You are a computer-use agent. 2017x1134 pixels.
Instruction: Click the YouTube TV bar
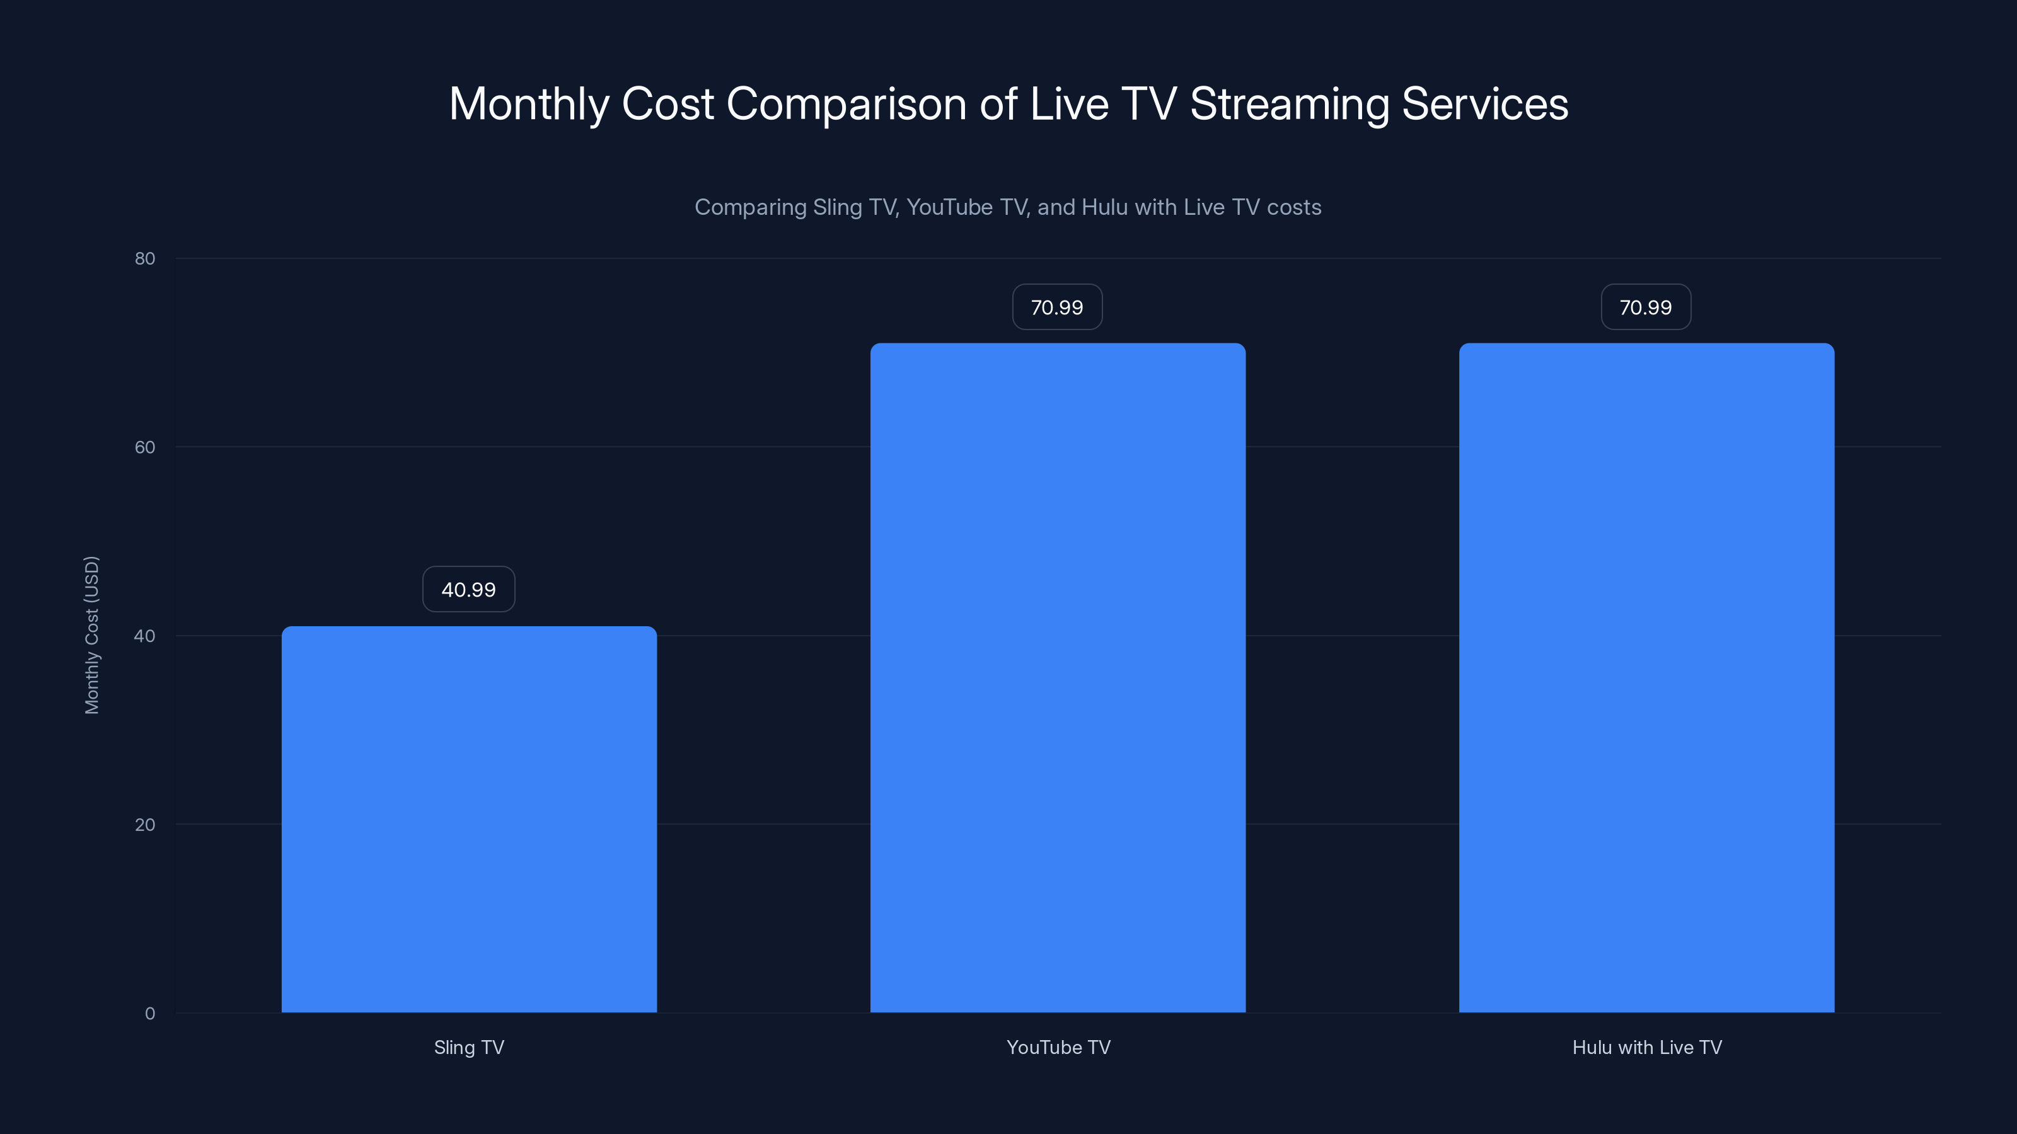point(1058,678)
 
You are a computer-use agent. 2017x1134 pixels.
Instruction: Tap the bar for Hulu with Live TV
point(1646,678)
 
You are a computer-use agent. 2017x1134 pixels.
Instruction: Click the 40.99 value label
point(468,589)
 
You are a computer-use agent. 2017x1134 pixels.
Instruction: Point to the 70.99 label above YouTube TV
point(1057,307)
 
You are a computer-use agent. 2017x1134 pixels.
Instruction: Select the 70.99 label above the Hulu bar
point(1646,307)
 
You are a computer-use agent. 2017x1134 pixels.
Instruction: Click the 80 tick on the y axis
point(145,258)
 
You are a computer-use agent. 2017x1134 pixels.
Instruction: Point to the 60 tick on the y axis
point(145,447)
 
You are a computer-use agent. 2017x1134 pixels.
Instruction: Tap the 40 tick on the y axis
point(145,636)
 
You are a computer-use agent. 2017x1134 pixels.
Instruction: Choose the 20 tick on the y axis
point(145,824)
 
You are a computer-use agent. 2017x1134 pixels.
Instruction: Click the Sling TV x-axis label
point(469,1047)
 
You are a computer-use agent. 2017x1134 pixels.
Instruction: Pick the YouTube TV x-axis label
point(1058,1047)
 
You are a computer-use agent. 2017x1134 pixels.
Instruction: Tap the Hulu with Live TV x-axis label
point(1646,1047)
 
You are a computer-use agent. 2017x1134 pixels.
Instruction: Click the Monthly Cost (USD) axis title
point(91,634)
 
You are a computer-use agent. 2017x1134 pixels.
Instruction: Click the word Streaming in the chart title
point(1290,104)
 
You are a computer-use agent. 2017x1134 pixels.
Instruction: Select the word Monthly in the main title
point(529,104)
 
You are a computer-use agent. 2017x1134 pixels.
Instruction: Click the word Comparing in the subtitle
point(749,207)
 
